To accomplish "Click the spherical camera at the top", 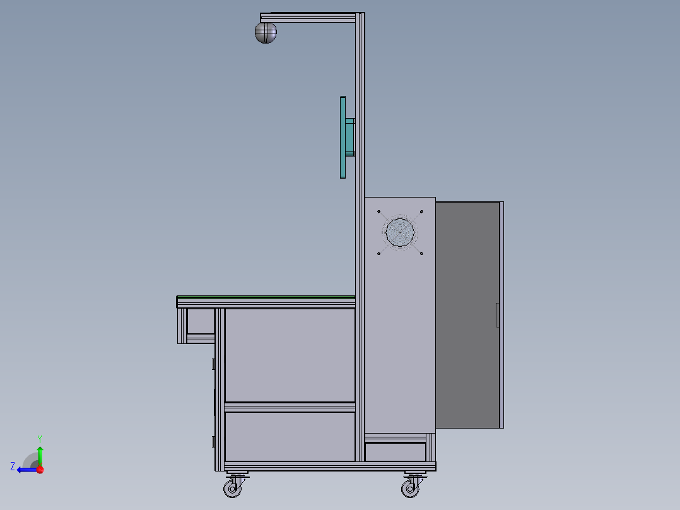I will click(266, 32).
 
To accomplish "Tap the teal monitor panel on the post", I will click(343, 137).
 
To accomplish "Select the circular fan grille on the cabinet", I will click(401, 232).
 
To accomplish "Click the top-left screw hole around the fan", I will click(379, 212).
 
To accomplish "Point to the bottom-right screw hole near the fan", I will click(421, 254).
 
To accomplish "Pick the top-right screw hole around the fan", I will click(421, 211).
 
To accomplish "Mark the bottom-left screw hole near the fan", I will click(378, 254).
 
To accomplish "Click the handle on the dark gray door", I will click(497, 315).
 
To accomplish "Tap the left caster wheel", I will click(233, 489).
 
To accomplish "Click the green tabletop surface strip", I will click(265, 297).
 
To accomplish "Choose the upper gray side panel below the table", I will click(290, 354).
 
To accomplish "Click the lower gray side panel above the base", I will click(290, 436).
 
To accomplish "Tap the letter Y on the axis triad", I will click(39, 438).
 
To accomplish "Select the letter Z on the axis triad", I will click(13, 466).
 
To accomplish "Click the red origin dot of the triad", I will click(40, 470).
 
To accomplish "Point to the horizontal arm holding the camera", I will click(309, 18).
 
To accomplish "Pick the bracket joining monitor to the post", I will click(350, 136).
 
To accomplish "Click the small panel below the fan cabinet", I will click(396, 452).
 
